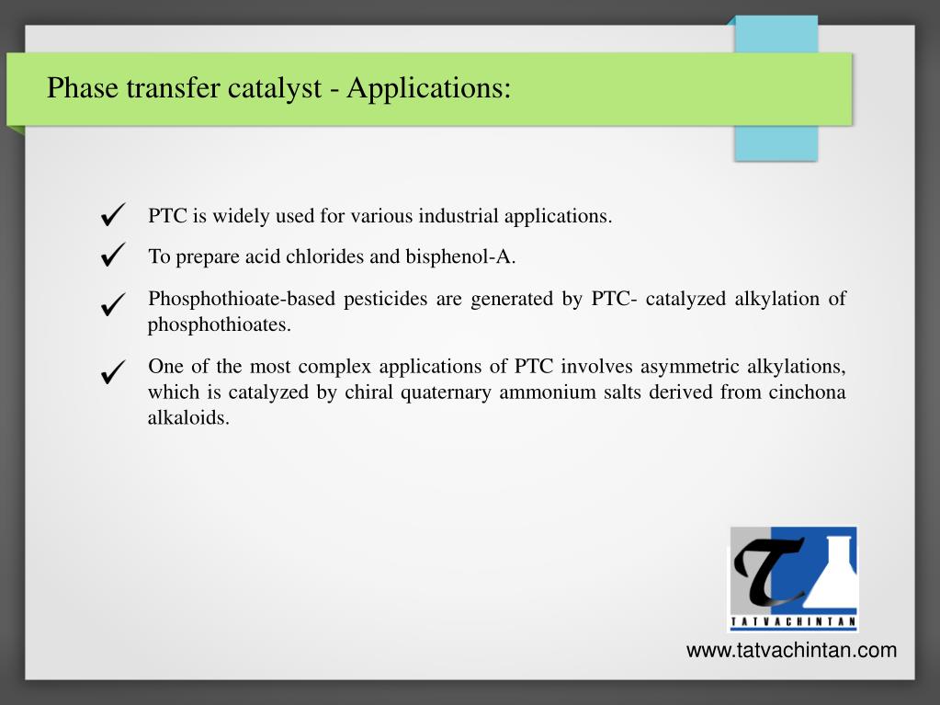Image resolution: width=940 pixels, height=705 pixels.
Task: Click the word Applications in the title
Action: [x=428, y=89]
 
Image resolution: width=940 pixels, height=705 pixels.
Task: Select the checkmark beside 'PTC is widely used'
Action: [x=114, y=216]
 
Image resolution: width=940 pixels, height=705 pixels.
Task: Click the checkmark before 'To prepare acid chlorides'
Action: [x=114, y=255]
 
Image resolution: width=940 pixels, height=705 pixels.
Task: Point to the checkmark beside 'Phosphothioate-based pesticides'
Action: [x=114, y=304]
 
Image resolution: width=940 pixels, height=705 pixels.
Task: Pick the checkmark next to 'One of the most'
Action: [x=114, y=372]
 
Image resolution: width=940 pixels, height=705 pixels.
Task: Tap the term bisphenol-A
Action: [x=460, y=256]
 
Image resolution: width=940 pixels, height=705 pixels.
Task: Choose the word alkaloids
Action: [x=188, y=418]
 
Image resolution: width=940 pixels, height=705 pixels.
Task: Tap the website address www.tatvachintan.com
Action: [x=791, y=651]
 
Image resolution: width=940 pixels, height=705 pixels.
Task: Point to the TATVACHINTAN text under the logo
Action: [x=793, y=622]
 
